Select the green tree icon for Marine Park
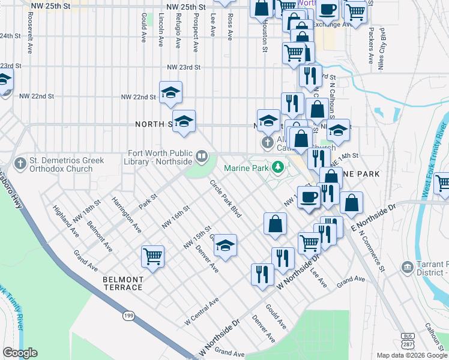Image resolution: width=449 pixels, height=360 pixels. (277, 167)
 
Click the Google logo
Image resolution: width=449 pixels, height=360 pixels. (20, 353)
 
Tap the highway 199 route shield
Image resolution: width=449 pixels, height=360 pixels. (128, 314)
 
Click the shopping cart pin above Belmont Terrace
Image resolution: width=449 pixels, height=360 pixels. (153, 257)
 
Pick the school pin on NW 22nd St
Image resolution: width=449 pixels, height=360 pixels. (170, 92)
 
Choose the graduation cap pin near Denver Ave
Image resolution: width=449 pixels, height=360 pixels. (226, 245)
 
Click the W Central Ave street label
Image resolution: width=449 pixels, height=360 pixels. (203, 308)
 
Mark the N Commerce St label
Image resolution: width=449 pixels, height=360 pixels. (372, 250)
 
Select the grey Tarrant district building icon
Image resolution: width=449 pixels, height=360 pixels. (408, 266)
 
